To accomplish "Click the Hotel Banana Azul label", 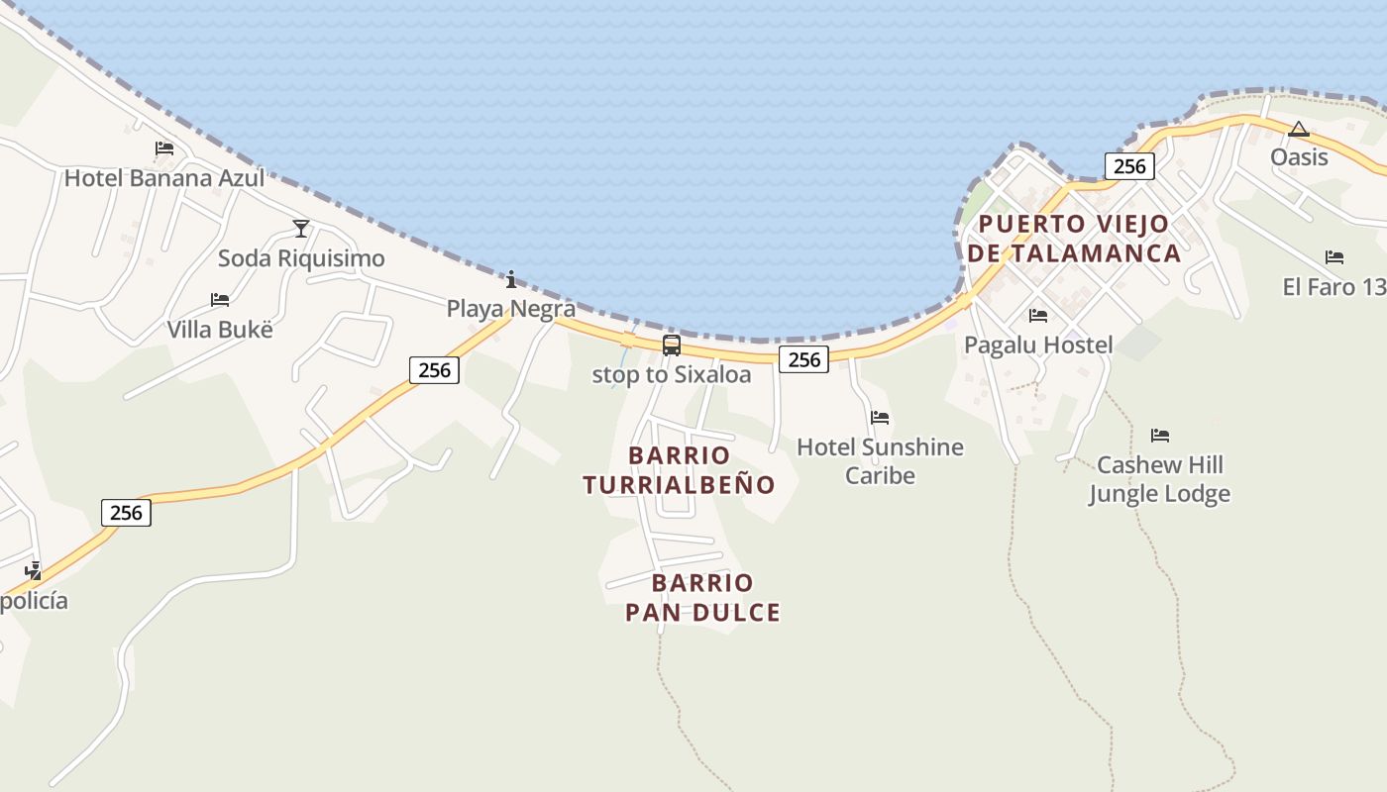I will click(x=164, y=178).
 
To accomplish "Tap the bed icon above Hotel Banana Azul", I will click(x=164, y=148).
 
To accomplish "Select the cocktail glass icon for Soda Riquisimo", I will click(x=301, y=229).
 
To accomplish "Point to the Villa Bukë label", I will click(x=219, y=329).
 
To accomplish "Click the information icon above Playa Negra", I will click(x=511, y=279).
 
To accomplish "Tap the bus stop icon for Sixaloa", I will click(x=672, y=346).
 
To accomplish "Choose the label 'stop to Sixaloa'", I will click(x=672, y=375).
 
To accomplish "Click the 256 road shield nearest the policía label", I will click(x=126, y=512).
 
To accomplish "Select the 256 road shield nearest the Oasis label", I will click(x=1129, y=166).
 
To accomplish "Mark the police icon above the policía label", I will click(x=34, y=570).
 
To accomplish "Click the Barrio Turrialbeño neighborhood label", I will click(x=679, y=470).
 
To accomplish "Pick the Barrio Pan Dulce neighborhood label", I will click(x=702, y=597).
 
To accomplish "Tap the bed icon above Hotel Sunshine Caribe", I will click(x=880, y=418).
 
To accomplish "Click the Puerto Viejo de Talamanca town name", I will click(x=1074, y=239).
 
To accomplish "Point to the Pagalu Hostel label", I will click(x=1038, y=345).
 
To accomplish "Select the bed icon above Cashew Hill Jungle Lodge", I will click(x=1160, y=436).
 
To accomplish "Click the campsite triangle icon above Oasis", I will click(x=1299, y=129).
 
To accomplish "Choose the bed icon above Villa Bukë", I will click(x=220, y=300).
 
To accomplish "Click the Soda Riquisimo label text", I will click(x=301, y=258).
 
